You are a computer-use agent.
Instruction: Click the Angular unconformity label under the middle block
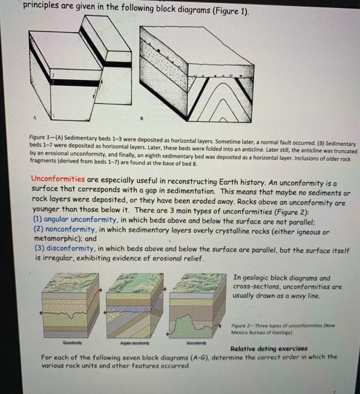pos(133,342)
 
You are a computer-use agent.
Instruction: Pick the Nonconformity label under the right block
pos(198,342)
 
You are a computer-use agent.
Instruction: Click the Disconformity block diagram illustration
pos(66,305)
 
